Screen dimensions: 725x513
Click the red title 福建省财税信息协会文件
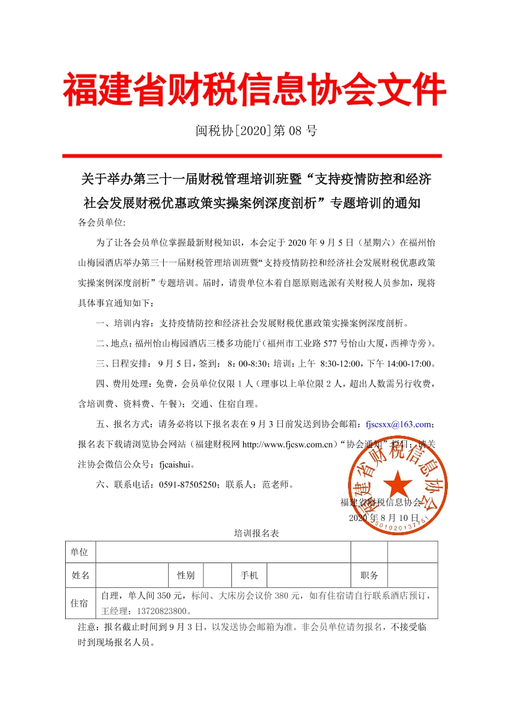coord(255,91)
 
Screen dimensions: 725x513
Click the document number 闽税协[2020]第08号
coord(256,131)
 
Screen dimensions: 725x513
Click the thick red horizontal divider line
coord(252,156)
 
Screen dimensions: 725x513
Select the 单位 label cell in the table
coord(79,552)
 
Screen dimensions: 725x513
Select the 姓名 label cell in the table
coord(80,575)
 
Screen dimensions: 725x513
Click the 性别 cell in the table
coord(185,575)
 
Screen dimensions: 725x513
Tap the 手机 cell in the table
coord(249,575)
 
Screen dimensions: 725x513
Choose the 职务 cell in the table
coord(369,575)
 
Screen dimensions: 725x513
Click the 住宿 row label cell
coord(79,603)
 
